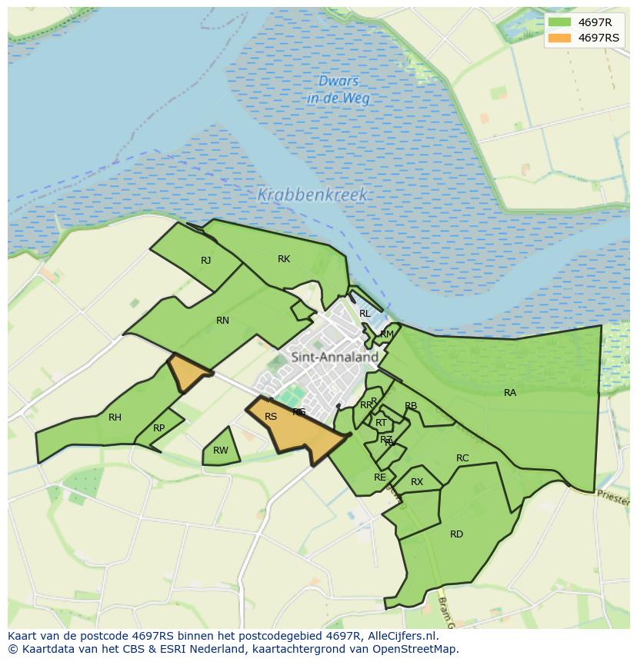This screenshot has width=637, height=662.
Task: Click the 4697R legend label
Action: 595,22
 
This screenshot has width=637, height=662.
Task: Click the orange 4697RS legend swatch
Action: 560,38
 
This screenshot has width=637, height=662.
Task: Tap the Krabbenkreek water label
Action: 312,195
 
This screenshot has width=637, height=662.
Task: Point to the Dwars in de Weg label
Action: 338,90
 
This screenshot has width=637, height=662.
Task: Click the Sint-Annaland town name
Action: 335,357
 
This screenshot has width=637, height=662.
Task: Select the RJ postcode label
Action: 205,261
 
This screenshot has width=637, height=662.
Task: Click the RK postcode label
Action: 284,259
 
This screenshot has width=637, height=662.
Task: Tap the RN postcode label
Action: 222,321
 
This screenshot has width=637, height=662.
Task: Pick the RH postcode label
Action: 115,417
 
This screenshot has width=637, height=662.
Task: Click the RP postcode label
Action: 158,428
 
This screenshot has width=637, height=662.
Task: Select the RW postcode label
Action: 221,451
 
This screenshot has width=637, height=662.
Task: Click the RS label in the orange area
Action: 271,417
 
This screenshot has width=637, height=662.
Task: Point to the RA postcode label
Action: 510,393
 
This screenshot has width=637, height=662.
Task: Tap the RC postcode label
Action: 462,458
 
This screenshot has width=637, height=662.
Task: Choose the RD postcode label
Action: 456,534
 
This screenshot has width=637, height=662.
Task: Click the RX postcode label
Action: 417,482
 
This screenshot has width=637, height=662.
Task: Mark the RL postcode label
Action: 365,314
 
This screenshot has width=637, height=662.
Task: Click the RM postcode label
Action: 387,334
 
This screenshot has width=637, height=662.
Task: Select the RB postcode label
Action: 411,406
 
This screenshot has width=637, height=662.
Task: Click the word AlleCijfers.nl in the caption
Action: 401,636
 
